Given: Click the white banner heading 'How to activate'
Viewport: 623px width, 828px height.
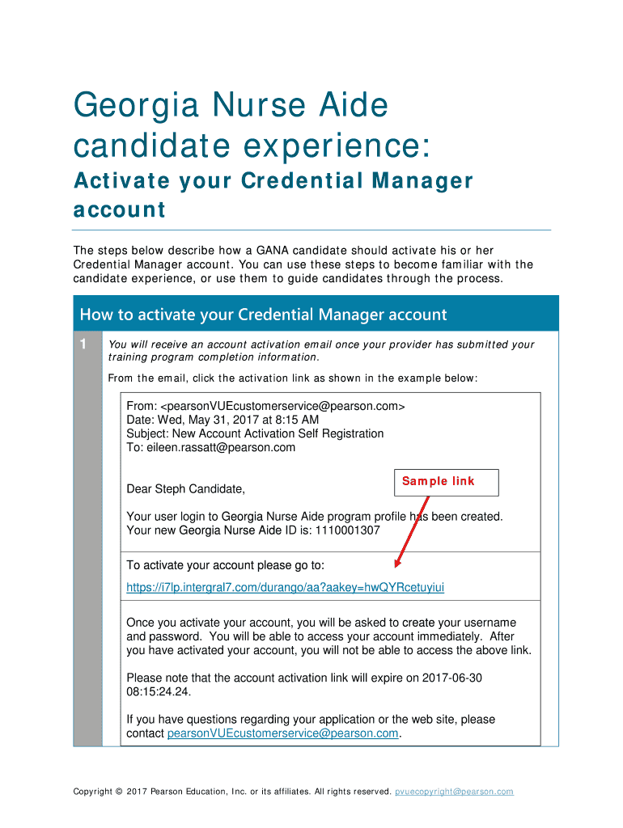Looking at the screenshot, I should point(263,315).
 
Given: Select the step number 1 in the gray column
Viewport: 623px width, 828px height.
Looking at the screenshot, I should point(83,345).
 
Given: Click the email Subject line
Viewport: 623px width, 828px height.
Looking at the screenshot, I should point(255,433).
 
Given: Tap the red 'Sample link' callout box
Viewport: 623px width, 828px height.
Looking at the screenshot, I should point(446,482).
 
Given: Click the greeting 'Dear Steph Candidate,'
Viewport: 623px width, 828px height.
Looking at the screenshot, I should point(185,489).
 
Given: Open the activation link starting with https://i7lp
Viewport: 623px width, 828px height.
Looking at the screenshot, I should point(286,587).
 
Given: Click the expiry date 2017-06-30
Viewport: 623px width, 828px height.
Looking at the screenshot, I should point(453,678).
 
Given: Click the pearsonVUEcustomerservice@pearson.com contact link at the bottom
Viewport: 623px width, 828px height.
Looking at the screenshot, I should point(283,733).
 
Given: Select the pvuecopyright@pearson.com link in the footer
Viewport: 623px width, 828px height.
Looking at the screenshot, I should point(454,792).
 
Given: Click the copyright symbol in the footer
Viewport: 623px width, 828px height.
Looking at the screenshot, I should point(119,792).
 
